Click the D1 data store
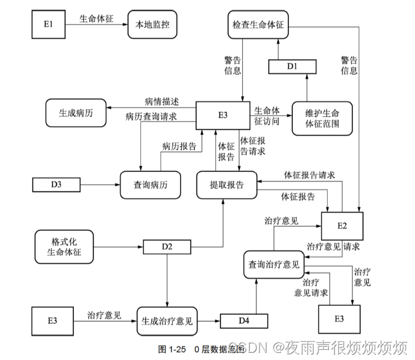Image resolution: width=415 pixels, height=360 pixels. click(x=292, y=66)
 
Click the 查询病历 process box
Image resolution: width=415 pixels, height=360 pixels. click(x=150, y=185)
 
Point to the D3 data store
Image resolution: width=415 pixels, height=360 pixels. click(x=56, y=184)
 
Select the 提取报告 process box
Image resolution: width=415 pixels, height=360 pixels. click(x=227, y=185)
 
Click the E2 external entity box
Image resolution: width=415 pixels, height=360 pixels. click(x=342, y=226)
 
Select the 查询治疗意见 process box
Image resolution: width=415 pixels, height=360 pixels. click(x=273, y=265)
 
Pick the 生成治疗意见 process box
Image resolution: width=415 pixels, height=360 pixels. click(x=167, y=322)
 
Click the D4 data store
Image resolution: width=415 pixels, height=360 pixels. click(x=244, y=322)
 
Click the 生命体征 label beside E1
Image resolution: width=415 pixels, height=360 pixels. click(x=96, y=18)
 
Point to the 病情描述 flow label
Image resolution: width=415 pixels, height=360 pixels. click(x=162, y=101)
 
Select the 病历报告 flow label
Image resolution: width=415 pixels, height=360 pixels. click(x=179, y=146)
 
